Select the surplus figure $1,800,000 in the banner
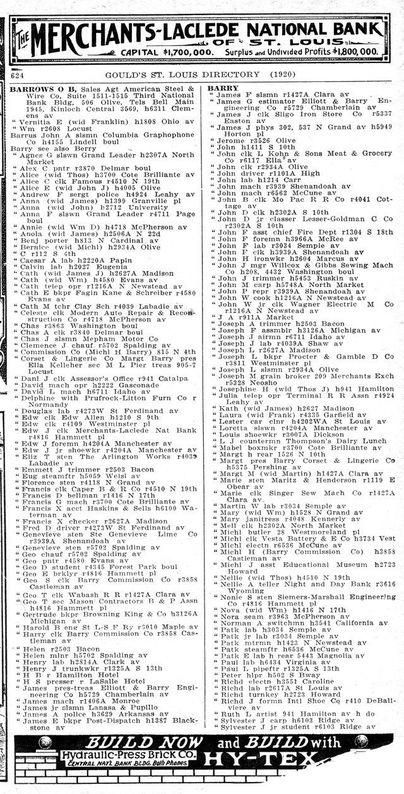(347, 52)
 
